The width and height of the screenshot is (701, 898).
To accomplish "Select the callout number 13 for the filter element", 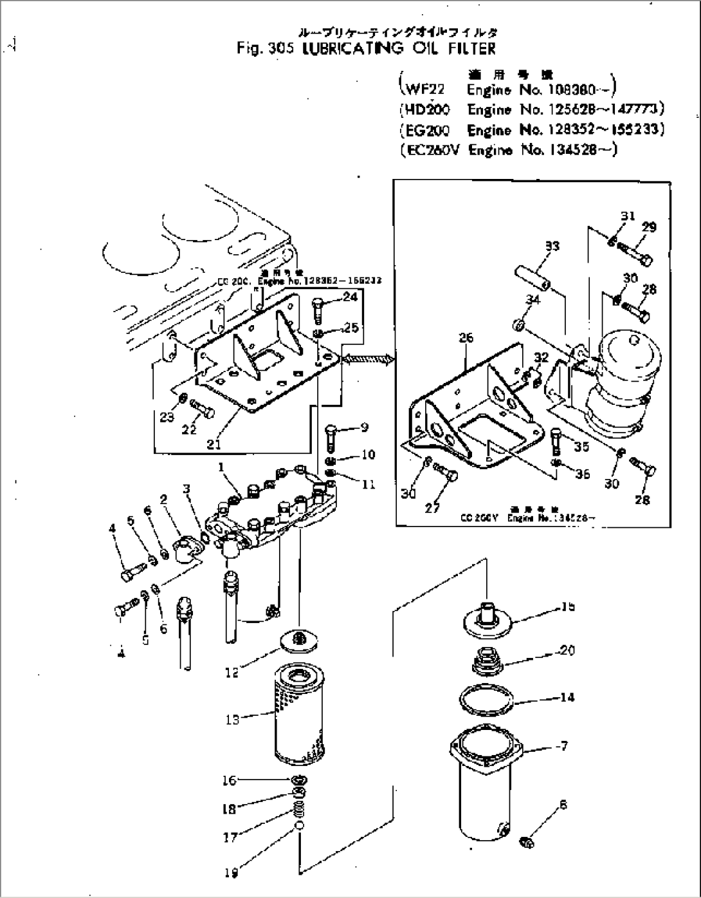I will tap(232, 720).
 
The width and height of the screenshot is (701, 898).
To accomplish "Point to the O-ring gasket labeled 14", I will tap(486, 700).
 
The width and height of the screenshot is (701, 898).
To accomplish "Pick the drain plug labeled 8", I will tap(525, 840).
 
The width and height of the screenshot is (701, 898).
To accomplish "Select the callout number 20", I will tap(567, 650).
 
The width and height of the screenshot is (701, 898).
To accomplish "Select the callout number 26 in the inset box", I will tap(466, 337).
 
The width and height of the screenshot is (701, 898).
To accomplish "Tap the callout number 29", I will tap(649, 227).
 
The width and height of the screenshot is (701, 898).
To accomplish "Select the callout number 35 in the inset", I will tap(581, 447).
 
